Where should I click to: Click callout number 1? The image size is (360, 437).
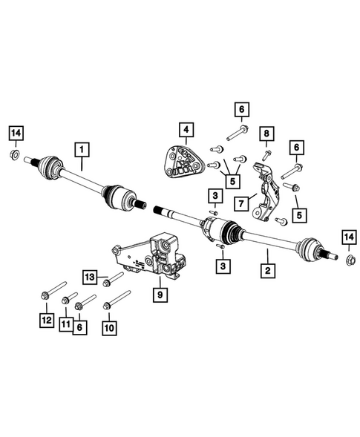tap(80, 151)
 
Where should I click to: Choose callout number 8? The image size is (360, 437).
tap(265, 134)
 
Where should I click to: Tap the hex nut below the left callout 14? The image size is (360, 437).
tap(16, 155)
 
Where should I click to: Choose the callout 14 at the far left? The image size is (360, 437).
tap(16, 134)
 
